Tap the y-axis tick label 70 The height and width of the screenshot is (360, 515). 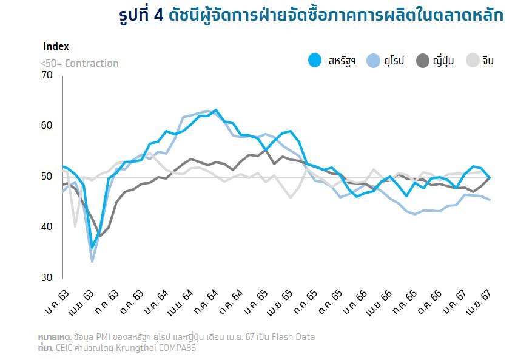47,75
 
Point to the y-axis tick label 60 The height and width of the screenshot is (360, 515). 47,126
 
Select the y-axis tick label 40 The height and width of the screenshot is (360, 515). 47,227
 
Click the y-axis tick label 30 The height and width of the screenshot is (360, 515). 47,277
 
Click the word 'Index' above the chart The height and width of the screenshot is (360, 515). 56,46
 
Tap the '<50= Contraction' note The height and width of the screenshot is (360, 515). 79,64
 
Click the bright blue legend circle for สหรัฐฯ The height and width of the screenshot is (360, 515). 314,61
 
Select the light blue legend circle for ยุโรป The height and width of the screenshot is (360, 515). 373,61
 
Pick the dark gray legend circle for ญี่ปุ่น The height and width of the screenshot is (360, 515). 423,61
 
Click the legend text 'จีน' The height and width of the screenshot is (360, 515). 488,61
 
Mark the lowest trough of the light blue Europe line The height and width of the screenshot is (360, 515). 93,262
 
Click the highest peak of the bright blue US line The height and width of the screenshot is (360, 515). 215,110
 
